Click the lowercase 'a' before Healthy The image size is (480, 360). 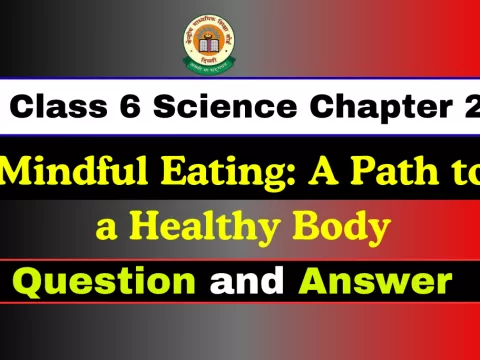pyautogui.click(x=107, y=228)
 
